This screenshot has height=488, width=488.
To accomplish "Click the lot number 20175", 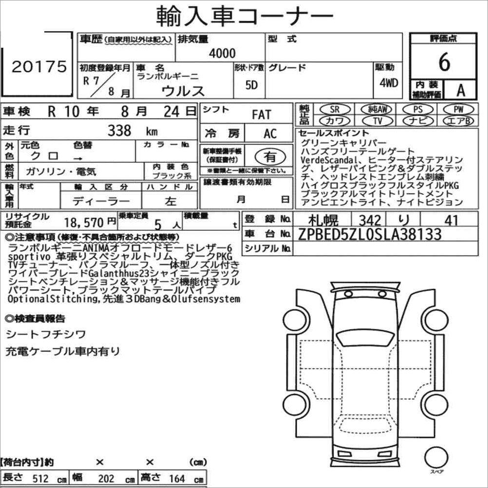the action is tap(39, 66).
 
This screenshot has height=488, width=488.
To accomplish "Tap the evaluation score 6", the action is tap(444, 62).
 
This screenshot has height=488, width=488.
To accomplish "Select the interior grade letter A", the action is tap(461, 90).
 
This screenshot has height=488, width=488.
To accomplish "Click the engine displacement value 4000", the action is tap(222, 53).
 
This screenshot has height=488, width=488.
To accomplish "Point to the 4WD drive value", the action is tap(389, 83).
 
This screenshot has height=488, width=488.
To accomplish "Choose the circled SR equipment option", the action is tap(335, 109).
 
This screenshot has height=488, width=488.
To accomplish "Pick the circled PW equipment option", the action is tap(458, 109).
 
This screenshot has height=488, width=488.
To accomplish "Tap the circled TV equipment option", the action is tap(377, 121).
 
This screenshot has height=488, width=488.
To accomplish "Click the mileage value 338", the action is tap(119, 131).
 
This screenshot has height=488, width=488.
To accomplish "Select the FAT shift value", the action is tap(262, 115).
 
